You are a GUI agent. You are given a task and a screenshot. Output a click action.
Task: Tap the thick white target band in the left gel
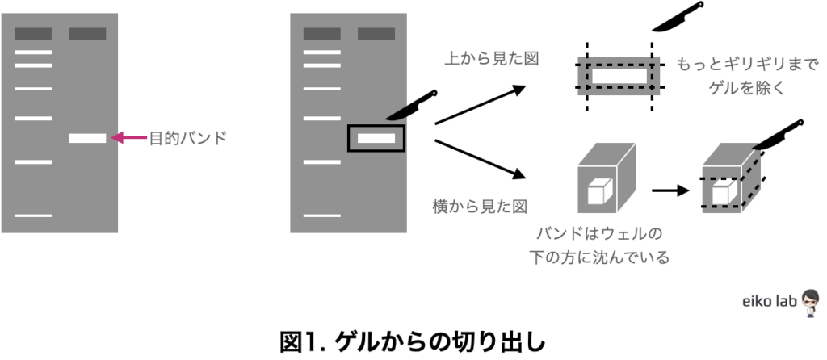click(x=87, y=138)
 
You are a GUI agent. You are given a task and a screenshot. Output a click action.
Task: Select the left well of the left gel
click(x=32, y=34)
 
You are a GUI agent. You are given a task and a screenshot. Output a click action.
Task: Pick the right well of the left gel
click(x=87, y=34)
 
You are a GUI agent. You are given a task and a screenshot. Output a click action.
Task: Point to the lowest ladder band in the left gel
click(x=32, y=216)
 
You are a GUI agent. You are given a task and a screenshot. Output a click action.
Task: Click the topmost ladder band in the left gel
click(x=32, y=52)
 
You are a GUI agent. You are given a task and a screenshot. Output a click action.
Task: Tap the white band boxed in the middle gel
click(x=376, y=138)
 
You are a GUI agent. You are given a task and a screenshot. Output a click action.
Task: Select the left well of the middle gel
click(x=321, y=34)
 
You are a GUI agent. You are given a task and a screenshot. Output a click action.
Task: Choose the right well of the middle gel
click(x=376, y=34)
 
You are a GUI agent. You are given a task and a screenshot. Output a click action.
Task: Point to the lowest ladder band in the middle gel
click(x=321, y=216)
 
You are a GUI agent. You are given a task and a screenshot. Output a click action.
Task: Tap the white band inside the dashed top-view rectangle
click(x=619, y=76)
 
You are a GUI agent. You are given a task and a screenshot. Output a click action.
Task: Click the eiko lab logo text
click(x=770, y=301)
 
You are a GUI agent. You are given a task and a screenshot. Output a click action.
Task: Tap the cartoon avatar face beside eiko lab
click(x=810, y=300)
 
